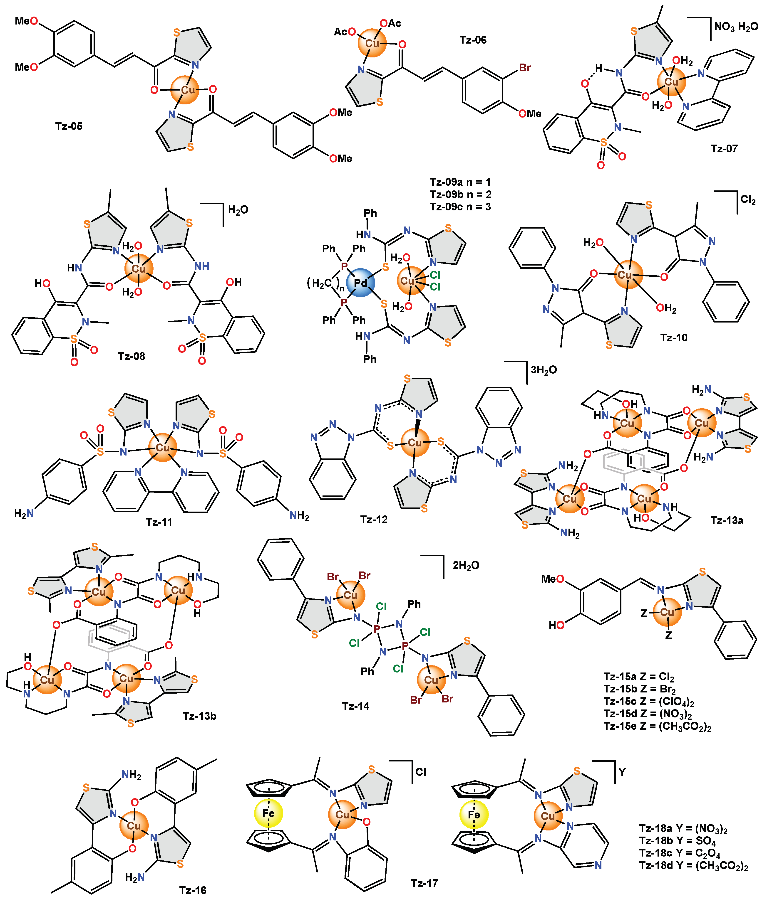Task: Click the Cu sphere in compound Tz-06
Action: pyautogui.click(x=372, y=43)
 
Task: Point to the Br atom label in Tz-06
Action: pyautogui.click(x=525, y=68)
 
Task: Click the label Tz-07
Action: pyautogui.click(x=725, y=149)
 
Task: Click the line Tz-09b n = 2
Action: pyautogui.click(x=460, y=195)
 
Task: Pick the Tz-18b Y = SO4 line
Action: pyautogui.click(x=677, y=841)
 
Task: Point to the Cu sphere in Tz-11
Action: pyautogui.click(x=163, y=448)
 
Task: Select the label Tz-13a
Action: pyautogui.click(x=727, y=520)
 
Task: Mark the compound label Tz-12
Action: pyautogui.click(x=374, y=520)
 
